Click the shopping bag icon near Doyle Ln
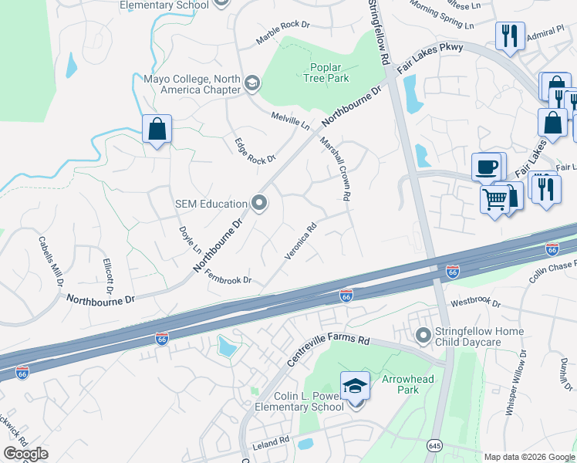[x=157, y=130]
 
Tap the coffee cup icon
[x=485, y=167]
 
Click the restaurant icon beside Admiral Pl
[x=509, y=36]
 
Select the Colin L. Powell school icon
[x=355, y=386]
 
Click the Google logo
[x=25, y=453]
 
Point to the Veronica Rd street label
[x=301, y=242]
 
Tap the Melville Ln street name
[x=290, y=120]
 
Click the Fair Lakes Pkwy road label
[x=430, y=59]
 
